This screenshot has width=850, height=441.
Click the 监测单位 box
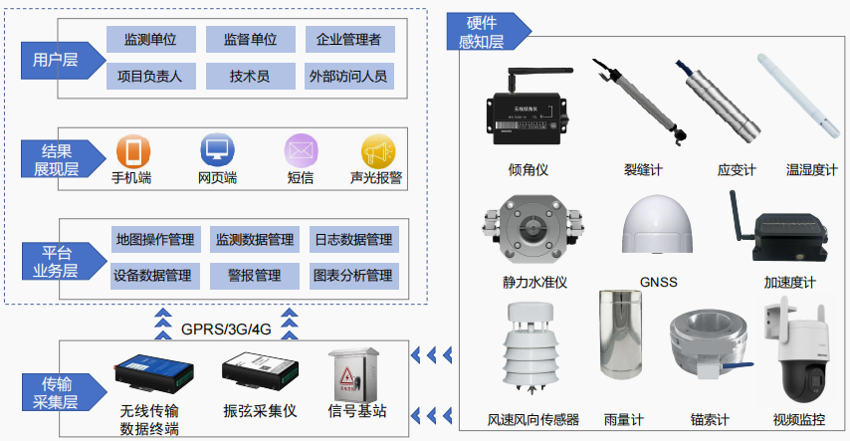click(x=150, y=40)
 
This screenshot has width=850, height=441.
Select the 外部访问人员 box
click(x=348, y=76)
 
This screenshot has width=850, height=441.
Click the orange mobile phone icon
click(x=132, y=152)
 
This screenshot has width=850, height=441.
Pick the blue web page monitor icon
click(x=216, y=151)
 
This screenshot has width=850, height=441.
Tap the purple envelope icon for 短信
click(x=300, y=151)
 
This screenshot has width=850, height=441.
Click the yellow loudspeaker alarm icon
click(x=376, y=151)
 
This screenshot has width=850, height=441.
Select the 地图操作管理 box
click(x=155, y=240)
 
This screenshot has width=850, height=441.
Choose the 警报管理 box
click(x=255, y=275)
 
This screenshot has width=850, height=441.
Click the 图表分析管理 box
click(x=352, y=275)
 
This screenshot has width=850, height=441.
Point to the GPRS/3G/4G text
click(x=226, y=329)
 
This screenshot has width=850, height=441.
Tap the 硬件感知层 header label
click(x=481, y=32)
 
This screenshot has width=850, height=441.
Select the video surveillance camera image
click(x=798, y=352)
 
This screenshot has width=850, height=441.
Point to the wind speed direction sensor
click(x=532, y=353)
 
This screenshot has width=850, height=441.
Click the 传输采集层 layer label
click(x=56, y=391)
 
